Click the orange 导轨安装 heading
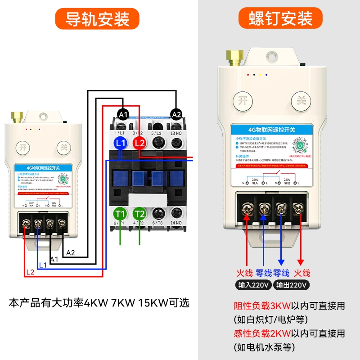[x=97, y=19]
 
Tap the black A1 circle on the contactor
[x=123, y=114]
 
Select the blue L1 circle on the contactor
[x=120, y=143]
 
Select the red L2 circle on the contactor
[x=139, y=143]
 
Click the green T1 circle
[x=120, y=213]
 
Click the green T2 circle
[x=139, y=213]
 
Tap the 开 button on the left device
[x=22, y=147]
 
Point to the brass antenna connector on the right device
[x=234, y=56]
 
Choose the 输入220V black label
[x=254, y=285]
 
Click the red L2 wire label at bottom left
[x=30, y=272]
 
